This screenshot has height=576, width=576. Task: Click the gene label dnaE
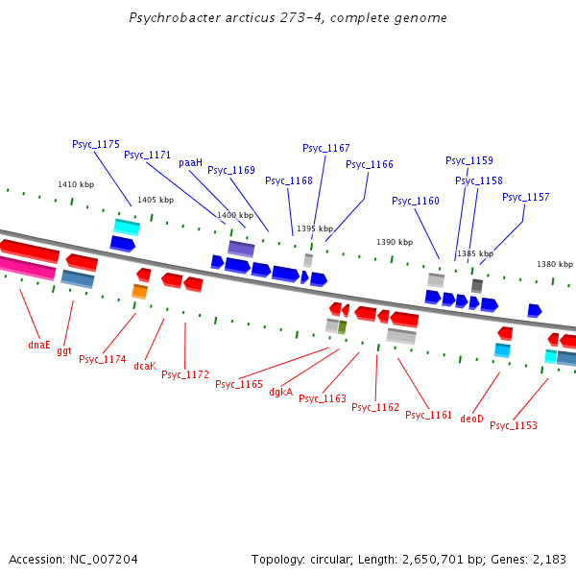(38, 344)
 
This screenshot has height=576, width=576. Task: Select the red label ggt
(64, 350)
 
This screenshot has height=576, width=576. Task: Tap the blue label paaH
(190, 162)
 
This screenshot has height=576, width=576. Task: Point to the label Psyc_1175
(96, 144)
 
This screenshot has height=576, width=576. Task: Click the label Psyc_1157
(525, 197)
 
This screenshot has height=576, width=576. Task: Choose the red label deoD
(471, 419)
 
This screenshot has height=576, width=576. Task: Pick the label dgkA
(280, 392)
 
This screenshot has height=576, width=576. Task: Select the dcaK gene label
(145, 366)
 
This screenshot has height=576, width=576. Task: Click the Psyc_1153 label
(514, 425)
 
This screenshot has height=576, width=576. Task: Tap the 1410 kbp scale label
(76, 184)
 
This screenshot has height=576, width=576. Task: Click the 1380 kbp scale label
(554, 264)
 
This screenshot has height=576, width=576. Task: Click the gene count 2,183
(547, 559)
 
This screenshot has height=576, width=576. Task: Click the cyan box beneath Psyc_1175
(127, 227)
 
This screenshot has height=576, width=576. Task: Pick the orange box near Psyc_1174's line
(139, 291)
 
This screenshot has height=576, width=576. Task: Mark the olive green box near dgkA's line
(342, 327)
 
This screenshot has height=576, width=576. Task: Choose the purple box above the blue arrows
(241, 249)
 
